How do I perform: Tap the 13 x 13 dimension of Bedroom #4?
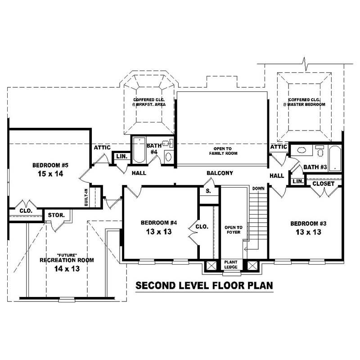pyautogui.click(x=156, y=232)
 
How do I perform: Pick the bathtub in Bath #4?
pyautogui.click(x=138, y=153)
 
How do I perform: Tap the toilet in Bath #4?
pyautogui.click(x=168, y=156)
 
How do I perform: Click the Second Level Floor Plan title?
pyautogui.click(x=204, y=285)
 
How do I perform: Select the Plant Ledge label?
pyautogui.click(x=231, y=264)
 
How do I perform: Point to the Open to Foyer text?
pyautogui.click(x=234, y=230)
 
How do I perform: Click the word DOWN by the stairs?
pyautogui.click(x=258, y=188)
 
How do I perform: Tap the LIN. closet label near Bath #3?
pyautogui.click(x=297, y=181)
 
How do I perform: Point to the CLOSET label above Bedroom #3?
pyautogui.click(x=323, y=184)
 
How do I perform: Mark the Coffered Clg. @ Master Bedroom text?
pyautogui.click(x=304, y=102)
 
